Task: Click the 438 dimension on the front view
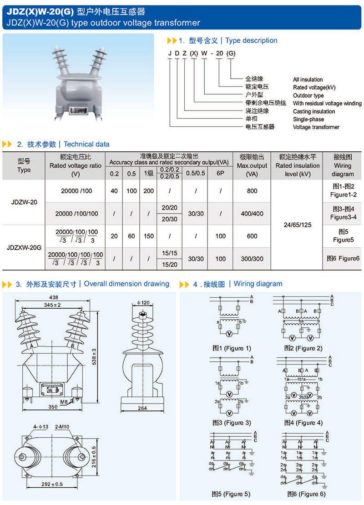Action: tap(54, 297)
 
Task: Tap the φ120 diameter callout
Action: tap(142, 303)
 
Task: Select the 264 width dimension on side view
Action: tap(142, 408)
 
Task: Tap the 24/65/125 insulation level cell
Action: tap(298, 225)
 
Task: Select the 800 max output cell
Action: tap(252, 191)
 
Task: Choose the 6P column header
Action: tap(220, 173)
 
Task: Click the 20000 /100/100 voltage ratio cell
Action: tap(76, 214)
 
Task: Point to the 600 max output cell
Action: tap(252, 236)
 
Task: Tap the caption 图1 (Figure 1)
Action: tap(232, 349)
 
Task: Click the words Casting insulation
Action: tap(314, 111)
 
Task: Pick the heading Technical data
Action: tap(86, 144)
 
